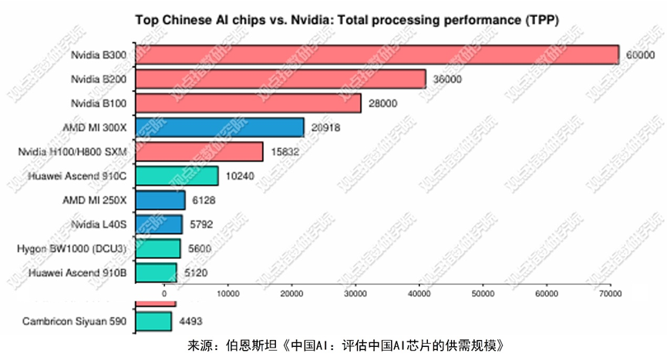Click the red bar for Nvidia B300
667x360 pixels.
378,55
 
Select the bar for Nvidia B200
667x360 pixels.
281,79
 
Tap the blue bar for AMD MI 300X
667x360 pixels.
221,127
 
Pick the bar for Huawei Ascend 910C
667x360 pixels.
177,176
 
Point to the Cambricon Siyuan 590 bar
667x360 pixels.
154,321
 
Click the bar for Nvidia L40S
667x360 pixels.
160,224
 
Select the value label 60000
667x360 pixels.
640,56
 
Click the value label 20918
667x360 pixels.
325,128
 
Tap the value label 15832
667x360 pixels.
284,153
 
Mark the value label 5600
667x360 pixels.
201,249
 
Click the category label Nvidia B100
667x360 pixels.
103,103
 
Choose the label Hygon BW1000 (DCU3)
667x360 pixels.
76,249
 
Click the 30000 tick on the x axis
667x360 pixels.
355,294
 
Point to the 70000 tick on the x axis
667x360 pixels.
609,294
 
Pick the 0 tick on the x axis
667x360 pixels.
164,294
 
